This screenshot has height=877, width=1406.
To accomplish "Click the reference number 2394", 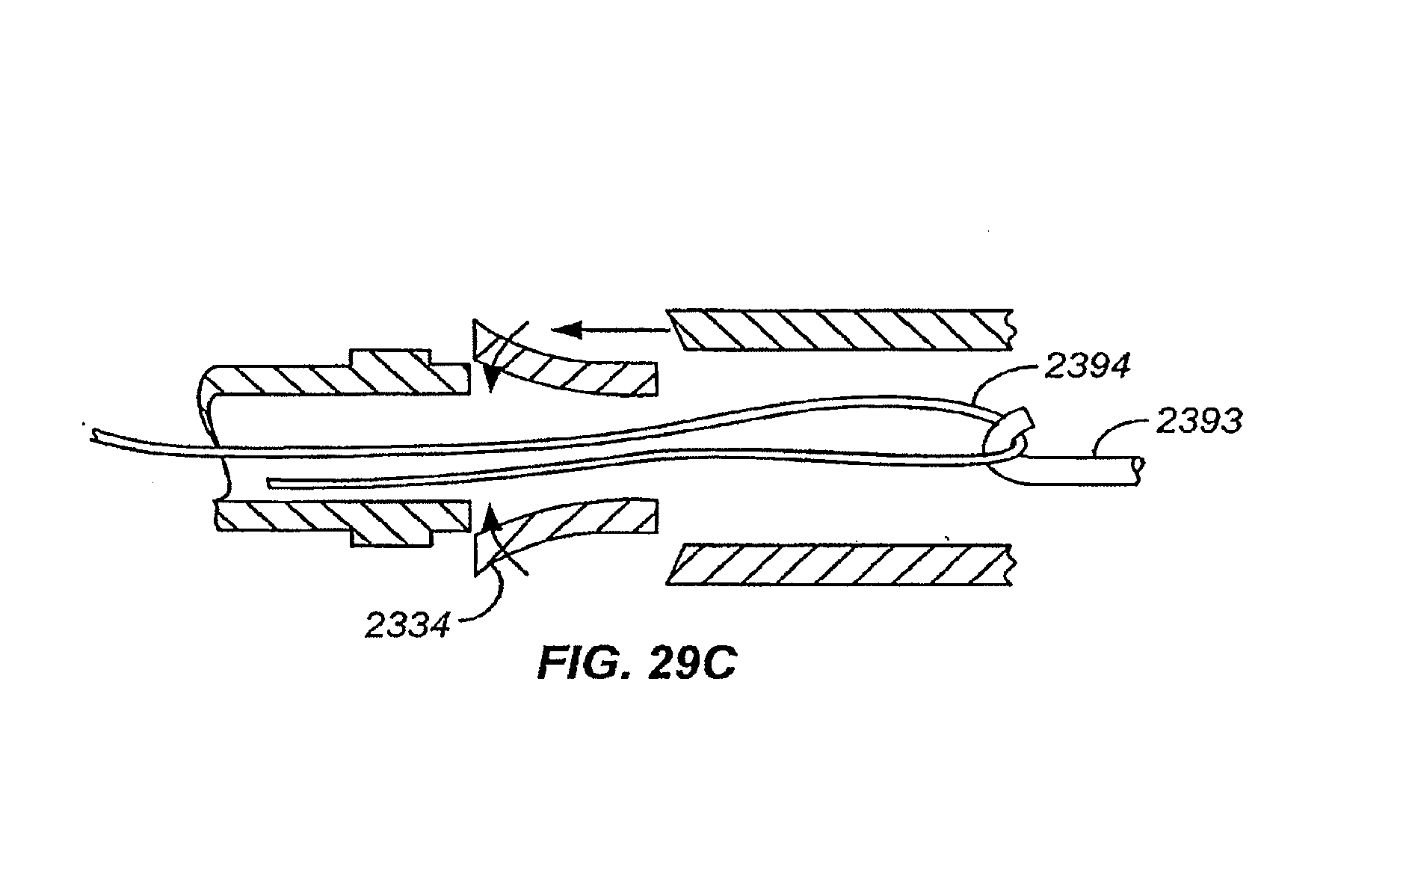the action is (1087, 367).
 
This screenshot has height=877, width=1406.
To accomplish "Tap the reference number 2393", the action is (1199, 422).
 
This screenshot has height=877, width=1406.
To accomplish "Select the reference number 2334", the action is (408, 625).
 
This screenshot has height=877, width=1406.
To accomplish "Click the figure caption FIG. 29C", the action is (636, 665).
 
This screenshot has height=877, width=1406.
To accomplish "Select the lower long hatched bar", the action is (839, 564).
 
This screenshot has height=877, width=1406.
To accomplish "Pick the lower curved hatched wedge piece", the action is (565, 535).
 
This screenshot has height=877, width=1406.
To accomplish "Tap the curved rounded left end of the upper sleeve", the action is (209, 389).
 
